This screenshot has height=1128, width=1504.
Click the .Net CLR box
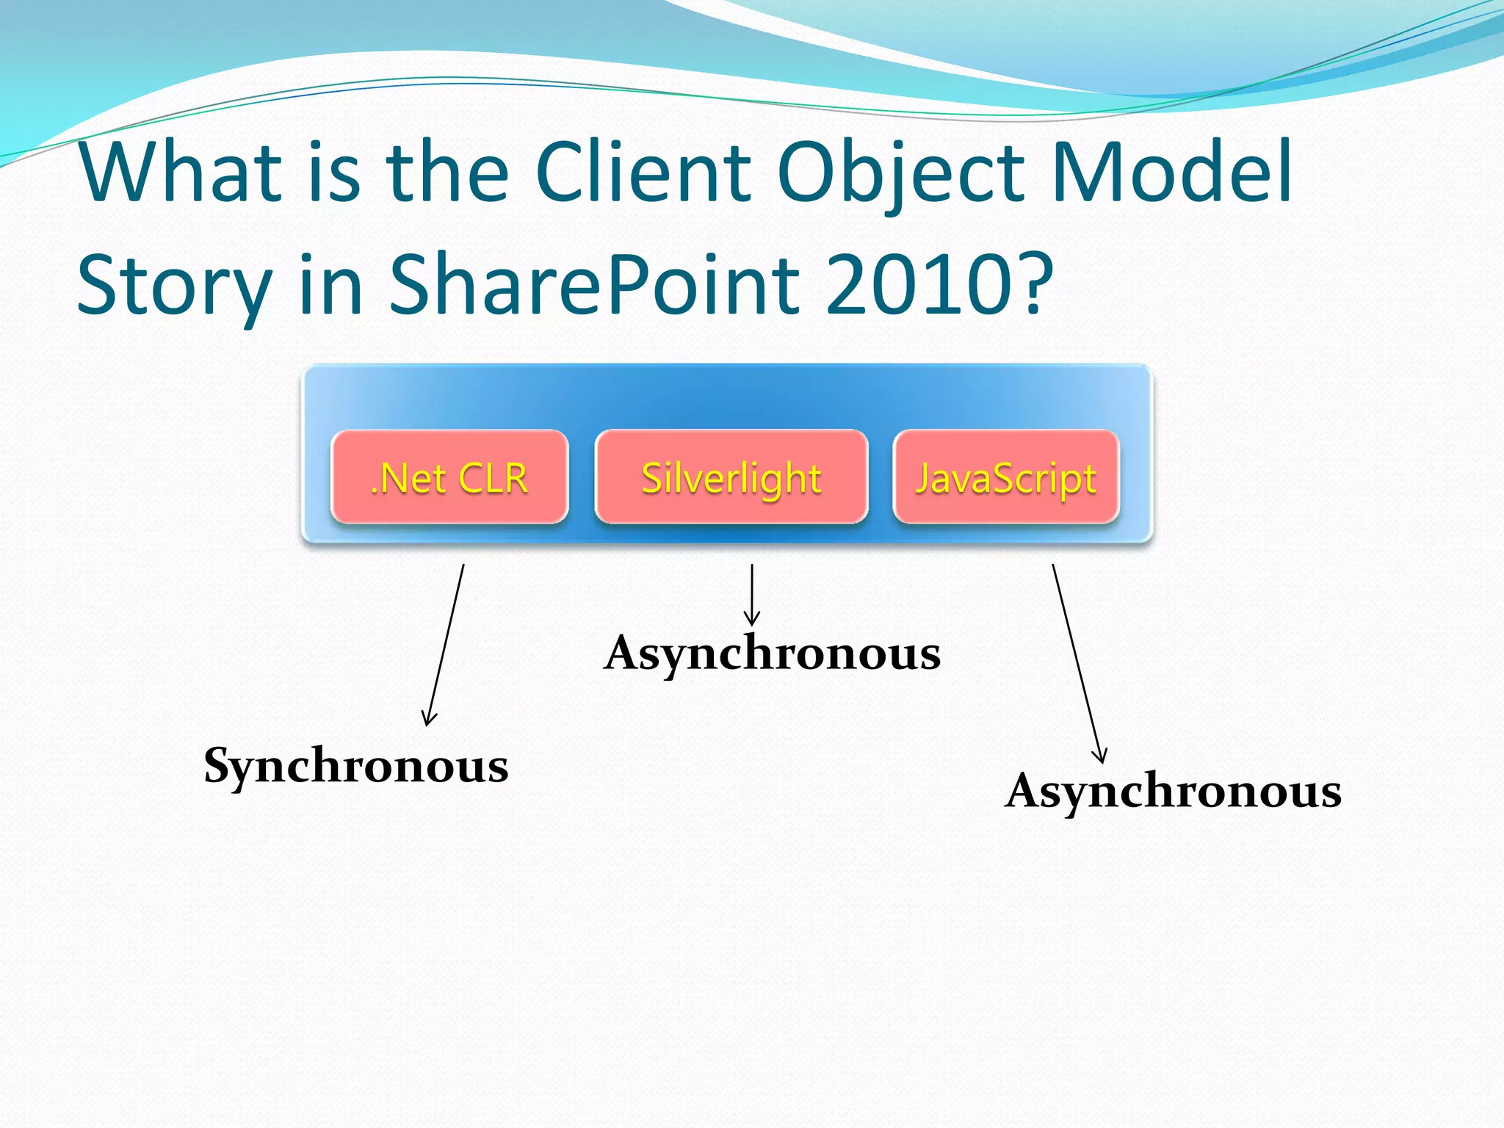(449, 477)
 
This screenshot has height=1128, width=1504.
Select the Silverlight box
(731, 477)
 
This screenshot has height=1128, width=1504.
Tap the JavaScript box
(1006, 477)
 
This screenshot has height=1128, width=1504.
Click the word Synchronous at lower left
(356, 766)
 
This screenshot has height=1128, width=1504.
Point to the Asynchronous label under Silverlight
(772, 653)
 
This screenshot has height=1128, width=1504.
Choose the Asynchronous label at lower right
(1173, 792)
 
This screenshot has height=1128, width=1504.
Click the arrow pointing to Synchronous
(446, 645)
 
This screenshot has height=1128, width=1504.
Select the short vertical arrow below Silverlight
(752, 595)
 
